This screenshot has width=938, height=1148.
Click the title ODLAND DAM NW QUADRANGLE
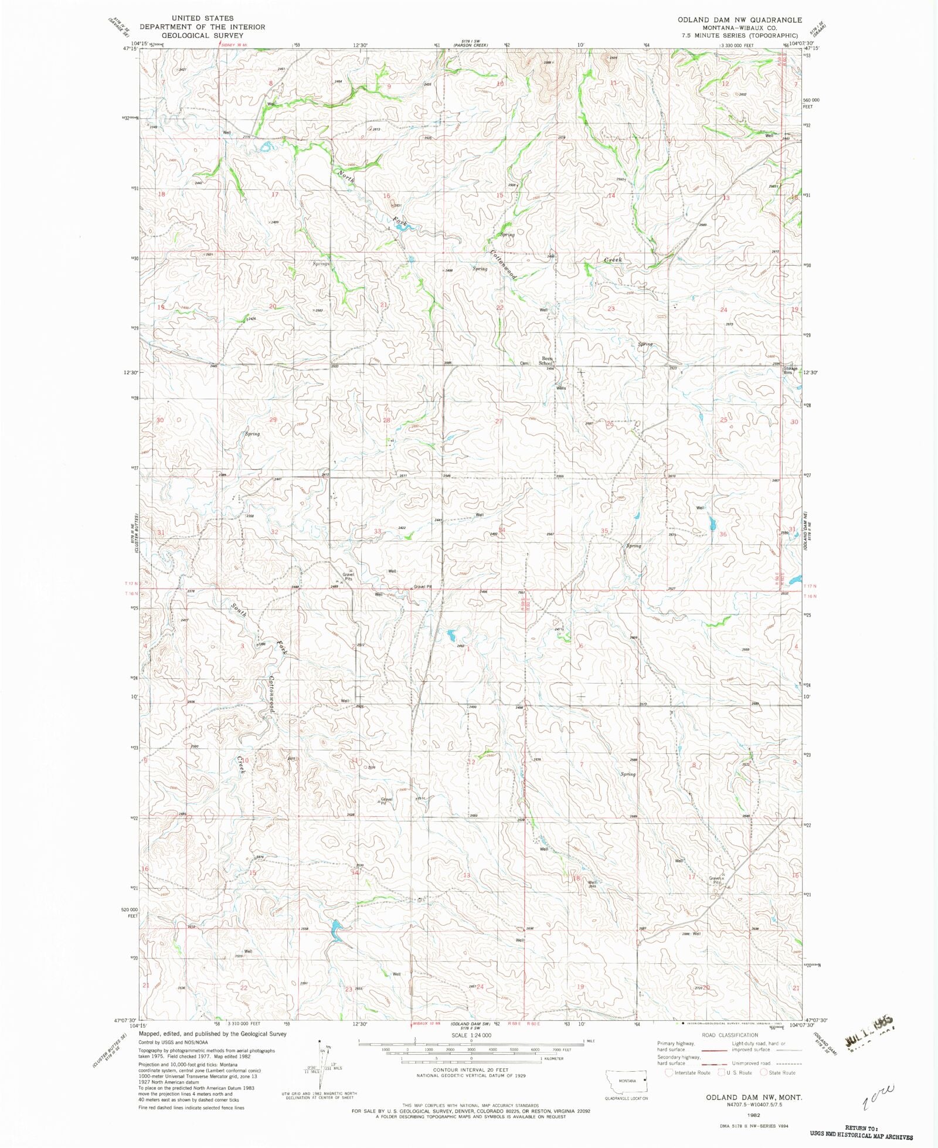(x=740, y=20)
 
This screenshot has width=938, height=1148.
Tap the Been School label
(x=546, y=361)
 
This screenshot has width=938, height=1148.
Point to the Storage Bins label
(x=791, y=371)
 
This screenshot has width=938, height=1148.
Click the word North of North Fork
(x=346, y=176)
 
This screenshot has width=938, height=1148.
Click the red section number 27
(x=499, y=421)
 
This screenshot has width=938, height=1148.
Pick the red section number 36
(x=723, y=534)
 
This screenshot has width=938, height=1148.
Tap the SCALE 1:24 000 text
(x=471, y=1036)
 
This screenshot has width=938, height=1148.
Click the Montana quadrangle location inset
(x=627, y=1080)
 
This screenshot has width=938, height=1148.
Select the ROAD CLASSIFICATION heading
(x=730, y=1035)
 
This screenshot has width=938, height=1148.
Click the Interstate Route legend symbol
(x=669, y=1073)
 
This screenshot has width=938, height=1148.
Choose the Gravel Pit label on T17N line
(x=422, y=587)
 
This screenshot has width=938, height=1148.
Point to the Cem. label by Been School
(x=524, y=363)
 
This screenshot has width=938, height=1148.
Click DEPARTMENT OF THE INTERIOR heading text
(x=202, y=27)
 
